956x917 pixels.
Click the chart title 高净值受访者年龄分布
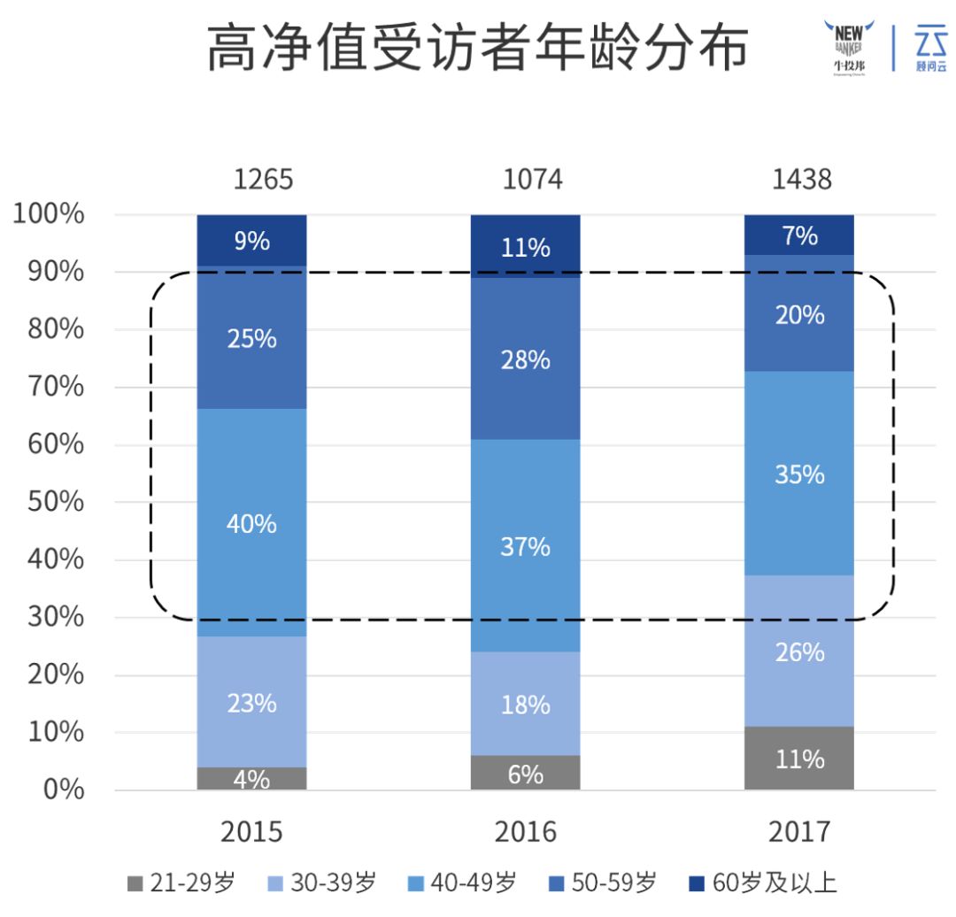(477, 49)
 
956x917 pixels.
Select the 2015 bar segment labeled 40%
(252, 522)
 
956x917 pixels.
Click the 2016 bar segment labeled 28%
(526, 358)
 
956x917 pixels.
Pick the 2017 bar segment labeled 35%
(799, 474)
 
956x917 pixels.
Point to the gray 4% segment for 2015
(252, 779)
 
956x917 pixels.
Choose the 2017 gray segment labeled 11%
(799, 759)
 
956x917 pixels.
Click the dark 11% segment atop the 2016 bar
(526, 246)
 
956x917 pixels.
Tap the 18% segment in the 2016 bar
(526, 704)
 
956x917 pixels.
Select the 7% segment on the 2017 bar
(799, 235)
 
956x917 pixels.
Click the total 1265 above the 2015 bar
(263, 180)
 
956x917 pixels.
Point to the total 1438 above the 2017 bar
(802, 180)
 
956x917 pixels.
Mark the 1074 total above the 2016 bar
(532, 180)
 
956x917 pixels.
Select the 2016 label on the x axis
(526, 832)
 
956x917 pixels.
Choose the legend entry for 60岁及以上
(763, 883)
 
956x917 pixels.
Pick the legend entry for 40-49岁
(463, 883)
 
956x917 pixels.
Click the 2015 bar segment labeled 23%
(252, 702)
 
